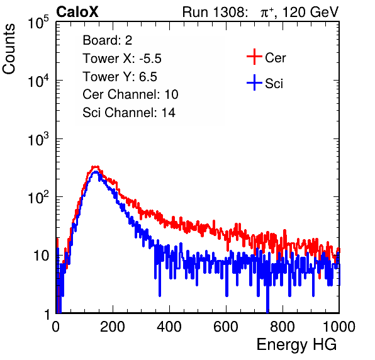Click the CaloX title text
pos(77,12)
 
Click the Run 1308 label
pos(214,12)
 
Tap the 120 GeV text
pos(311,12)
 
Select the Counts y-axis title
pos(9,49)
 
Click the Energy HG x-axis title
pos(296,345)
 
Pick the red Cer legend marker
pos(254,57)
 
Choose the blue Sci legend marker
pos(254,83)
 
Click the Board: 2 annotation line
pos(108,40)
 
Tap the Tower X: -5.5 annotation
pos(122,59)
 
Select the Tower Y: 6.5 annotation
pos(120,77)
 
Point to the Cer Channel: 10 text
pos(130,94)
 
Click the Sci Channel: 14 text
pos(129,113)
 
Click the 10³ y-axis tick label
pos(38,139)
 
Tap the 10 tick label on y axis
pos(41,256)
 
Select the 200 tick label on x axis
pos(113,327)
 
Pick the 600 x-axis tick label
pos(226,327)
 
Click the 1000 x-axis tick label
pos(339,327)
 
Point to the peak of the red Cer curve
pos(96,167)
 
